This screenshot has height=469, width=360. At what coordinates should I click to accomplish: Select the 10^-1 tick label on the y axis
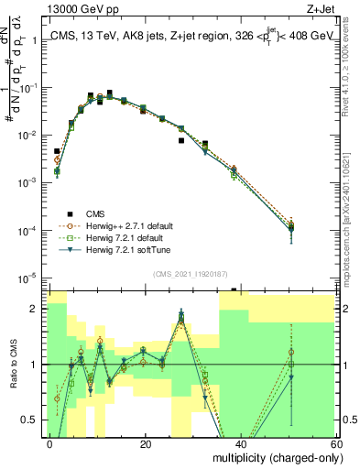(x=29, y=89)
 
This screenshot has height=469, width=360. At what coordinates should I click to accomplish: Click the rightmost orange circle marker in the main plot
(x=290, y=223)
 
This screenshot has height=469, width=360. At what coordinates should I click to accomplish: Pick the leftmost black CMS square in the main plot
(x=57, y=151)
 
